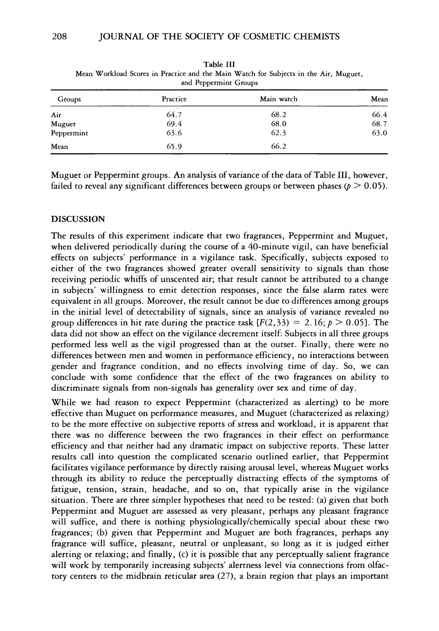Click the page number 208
[59, 37]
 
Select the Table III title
[219, 64]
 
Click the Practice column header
[174, 99]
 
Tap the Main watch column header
[278, 99]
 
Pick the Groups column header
[69, 99]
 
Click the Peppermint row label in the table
[70, 133]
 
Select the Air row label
[56, 115]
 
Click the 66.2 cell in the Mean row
[278, 147]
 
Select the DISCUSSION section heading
[78, 219]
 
